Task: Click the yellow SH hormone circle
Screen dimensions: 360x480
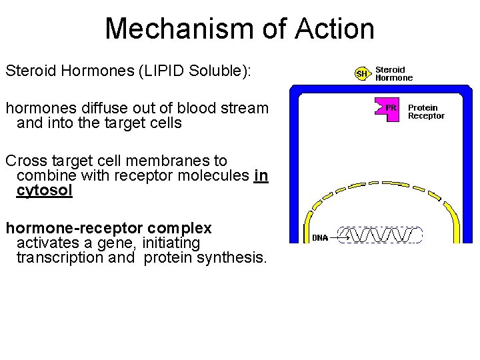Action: pos(361,73)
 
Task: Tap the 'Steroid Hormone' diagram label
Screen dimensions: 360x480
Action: pos(394,73)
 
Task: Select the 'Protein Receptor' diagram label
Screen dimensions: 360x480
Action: pos(426,111)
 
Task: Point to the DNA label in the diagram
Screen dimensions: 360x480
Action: pos(320,237)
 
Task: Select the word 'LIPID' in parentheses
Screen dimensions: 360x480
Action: pos(160,70)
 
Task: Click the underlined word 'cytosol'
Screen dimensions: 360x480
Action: pos(44,191)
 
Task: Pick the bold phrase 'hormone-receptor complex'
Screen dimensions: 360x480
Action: pos(109,228)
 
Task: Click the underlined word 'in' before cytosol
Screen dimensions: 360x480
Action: pos(261,176)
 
